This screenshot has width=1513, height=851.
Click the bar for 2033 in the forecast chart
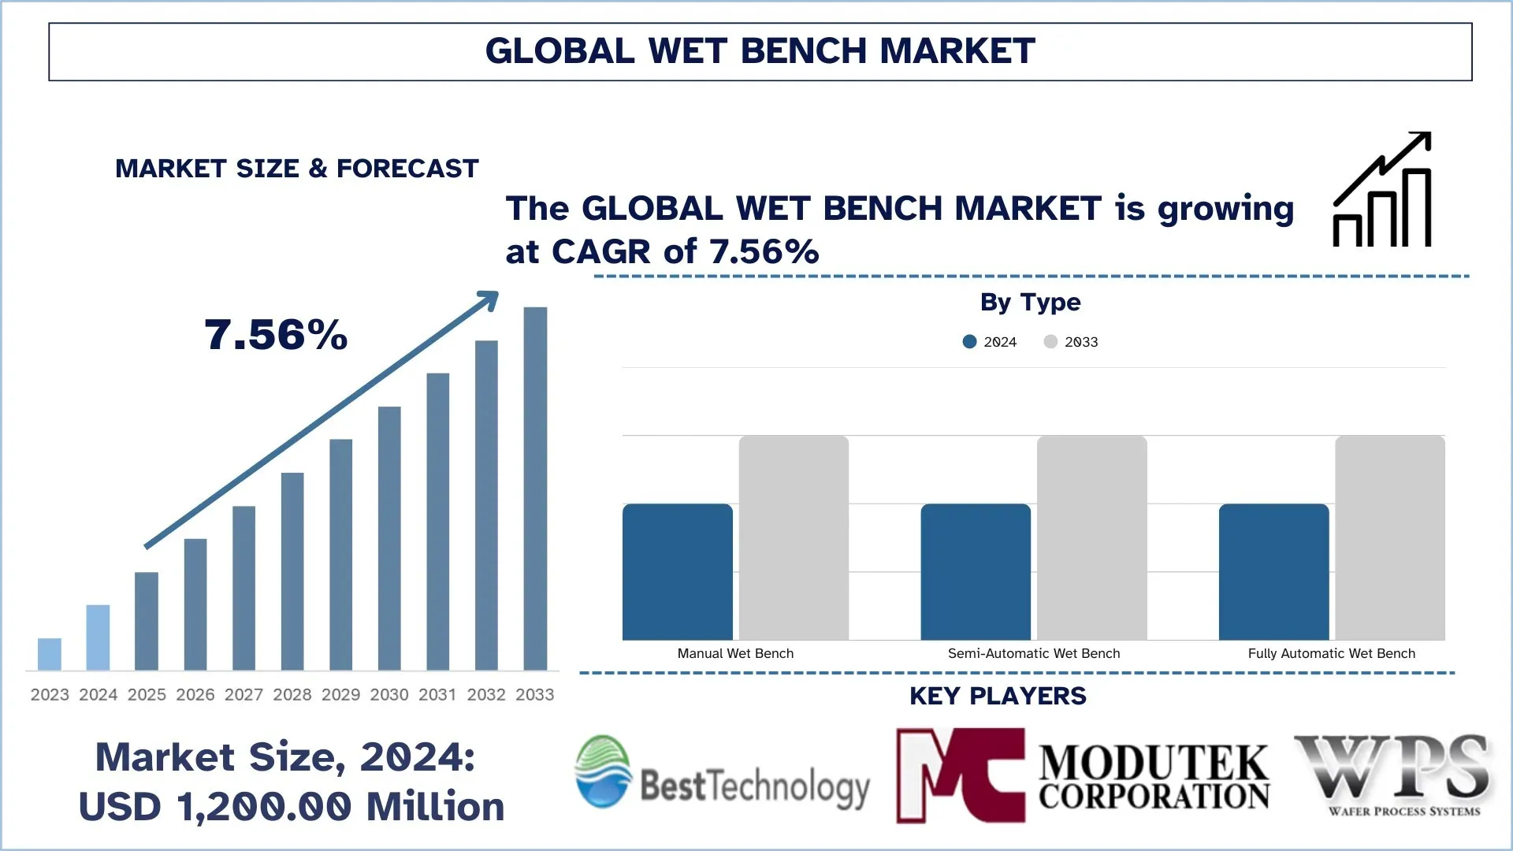click(x=535, y=489)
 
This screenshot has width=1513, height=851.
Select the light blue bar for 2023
click(x=50, y=654)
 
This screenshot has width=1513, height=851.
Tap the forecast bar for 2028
click(x=292, y=571)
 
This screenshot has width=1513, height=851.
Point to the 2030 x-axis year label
click(x=389, y=694)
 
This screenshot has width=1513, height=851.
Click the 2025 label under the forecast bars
click(x=147, y=694)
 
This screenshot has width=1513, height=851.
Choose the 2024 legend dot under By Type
click(x=970, y=341)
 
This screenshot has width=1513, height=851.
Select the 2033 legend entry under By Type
click(x=1071, y=342)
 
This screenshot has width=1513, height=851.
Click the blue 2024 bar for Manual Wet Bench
click(x=678, y=571)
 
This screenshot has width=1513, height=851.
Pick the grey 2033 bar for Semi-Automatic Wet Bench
click(x=1091, y=537)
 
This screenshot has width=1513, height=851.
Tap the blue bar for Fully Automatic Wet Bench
click(x=1273, y=571)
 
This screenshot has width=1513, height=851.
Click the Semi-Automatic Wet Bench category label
click(x=1033, y=653)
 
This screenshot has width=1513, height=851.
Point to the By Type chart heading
click(x=1030, y=302)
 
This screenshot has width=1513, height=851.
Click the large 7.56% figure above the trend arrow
click(x=276, y=335)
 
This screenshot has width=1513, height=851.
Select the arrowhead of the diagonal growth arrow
click(x=489, y=300)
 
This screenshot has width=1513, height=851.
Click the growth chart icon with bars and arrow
click(x=1382, y=190)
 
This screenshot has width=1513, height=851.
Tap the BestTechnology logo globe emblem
click(x=603, y=771)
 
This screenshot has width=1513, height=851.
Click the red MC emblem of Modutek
click(x=961, y=775)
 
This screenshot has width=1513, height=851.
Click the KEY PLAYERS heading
click(x=998, y=696)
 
